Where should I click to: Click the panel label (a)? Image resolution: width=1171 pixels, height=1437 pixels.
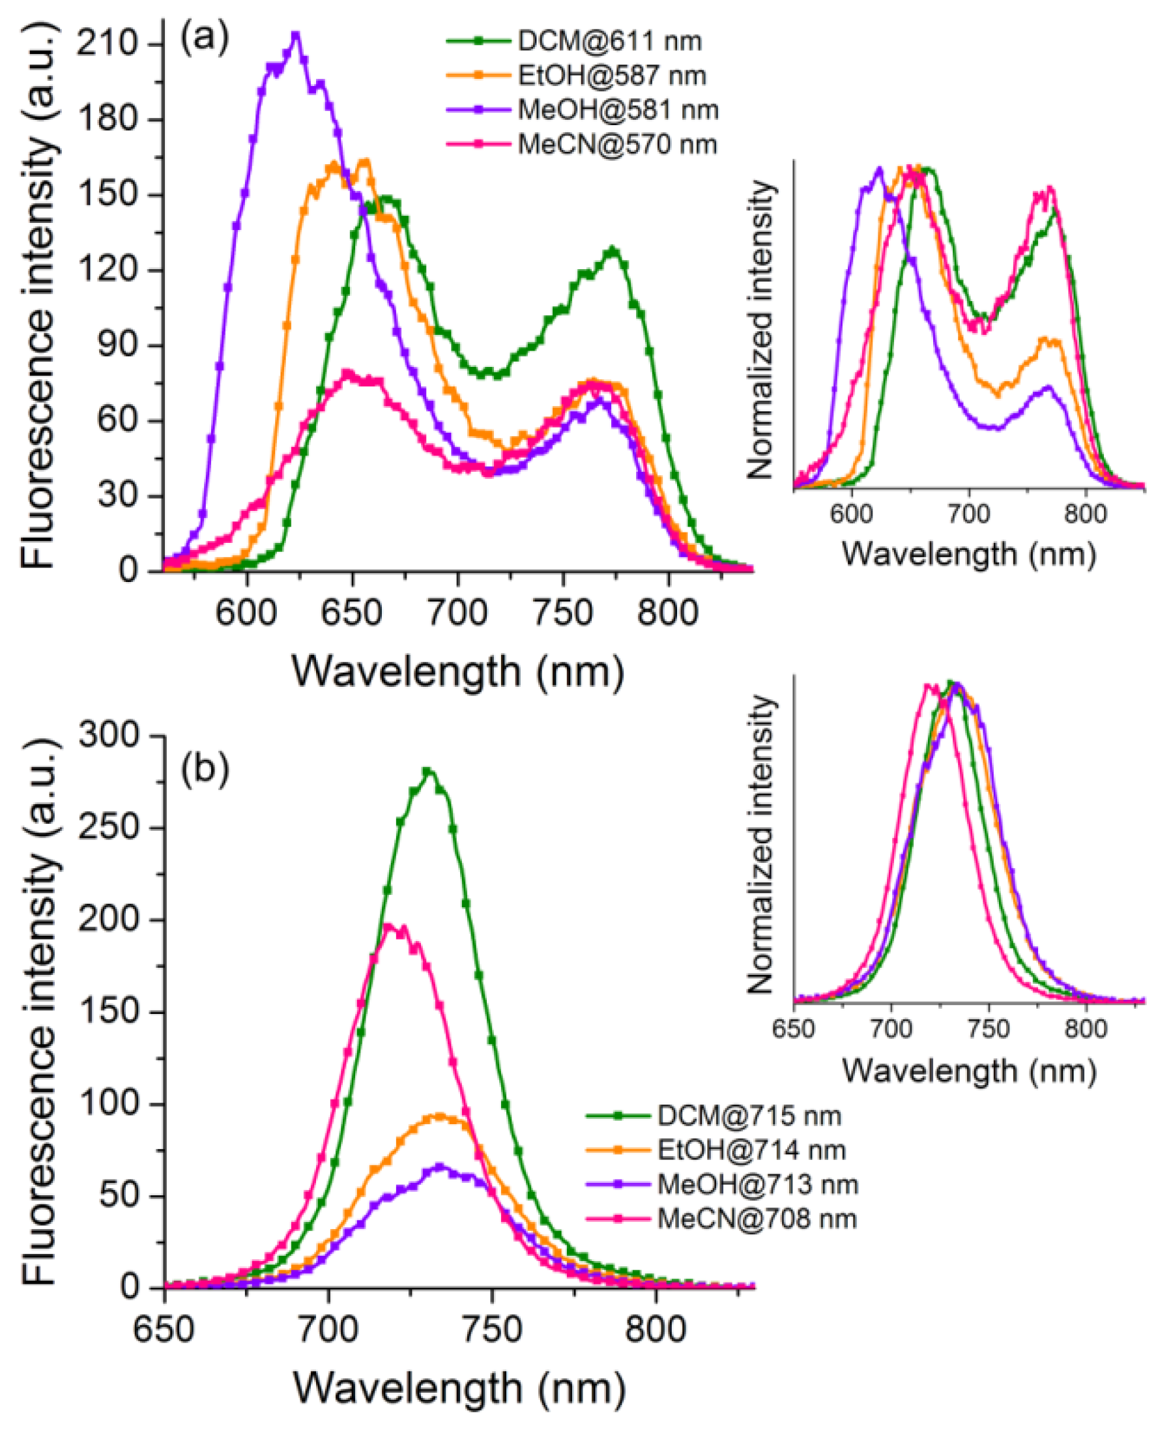(x=205, y=38)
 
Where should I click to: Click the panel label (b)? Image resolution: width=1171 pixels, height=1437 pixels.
(x=205, y=769)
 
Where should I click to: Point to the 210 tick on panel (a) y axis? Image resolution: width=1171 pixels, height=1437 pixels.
(x=108, y=44)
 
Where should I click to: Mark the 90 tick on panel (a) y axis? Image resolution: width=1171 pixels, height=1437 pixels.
(x=119, y=345)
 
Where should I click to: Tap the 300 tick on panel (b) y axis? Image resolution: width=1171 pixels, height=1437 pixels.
(x=108, y=734)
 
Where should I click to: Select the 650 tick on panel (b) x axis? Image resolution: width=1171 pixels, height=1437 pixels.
(x=164, y=1329)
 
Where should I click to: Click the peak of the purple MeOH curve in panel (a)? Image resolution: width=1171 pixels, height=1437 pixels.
(x=295, y=35)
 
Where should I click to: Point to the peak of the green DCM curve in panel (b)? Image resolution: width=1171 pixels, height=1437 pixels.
(x=427, y=770)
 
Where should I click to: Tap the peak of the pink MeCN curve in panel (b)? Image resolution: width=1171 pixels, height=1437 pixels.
(x=387, y=925)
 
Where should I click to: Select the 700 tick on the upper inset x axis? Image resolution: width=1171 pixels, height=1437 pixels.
(x=968, y=514)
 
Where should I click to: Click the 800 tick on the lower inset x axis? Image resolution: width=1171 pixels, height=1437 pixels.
(x=1086, y=1029)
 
